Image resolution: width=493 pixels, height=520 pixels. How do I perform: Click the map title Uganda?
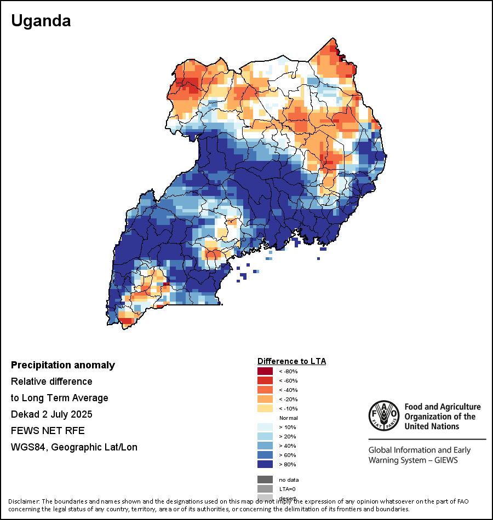41,21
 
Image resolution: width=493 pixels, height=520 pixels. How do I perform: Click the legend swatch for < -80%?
265,371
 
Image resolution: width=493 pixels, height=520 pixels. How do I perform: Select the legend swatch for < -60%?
265,380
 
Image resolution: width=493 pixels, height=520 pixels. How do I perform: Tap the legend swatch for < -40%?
265,390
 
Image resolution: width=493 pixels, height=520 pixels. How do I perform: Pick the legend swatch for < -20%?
265,399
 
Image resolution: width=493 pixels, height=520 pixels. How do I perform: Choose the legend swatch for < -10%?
265,408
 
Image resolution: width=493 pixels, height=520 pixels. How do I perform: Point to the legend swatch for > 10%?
265,427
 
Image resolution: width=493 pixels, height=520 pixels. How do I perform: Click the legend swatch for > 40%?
265,446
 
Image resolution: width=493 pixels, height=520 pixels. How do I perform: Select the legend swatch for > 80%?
265,464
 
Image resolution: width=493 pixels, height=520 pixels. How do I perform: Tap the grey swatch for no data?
265,479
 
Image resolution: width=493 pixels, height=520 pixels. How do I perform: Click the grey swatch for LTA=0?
265,489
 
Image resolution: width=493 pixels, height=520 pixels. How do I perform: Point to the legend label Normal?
288,418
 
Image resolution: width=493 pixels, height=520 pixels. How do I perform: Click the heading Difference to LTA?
291,361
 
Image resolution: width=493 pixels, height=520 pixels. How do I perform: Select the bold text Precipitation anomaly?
63,365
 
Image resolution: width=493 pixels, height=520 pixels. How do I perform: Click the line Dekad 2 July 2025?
51,414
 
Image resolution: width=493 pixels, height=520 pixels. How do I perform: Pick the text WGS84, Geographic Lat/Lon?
74,447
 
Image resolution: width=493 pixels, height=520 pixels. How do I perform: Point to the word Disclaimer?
24,501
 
